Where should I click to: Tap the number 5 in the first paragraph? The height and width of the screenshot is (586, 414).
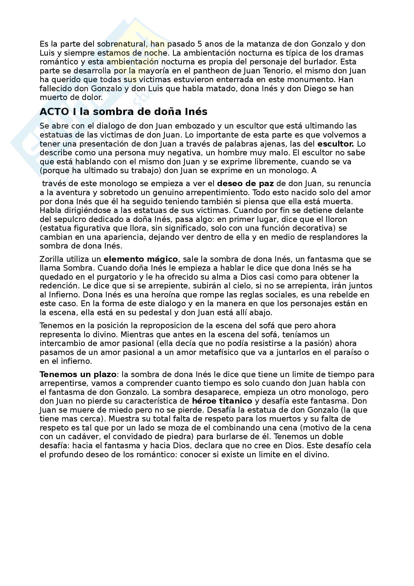point(200,44)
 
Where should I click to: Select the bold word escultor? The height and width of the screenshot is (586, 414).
point(335,144)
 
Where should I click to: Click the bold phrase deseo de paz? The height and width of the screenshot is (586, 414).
point(245,183)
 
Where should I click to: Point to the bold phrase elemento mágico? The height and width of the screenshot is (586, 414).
point(141,259)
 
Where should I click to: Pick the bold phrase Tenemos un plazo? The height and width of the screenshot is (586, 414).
point(78,374)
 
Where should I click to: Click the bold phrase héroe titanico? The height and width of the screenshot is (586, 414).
point(222,401)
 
